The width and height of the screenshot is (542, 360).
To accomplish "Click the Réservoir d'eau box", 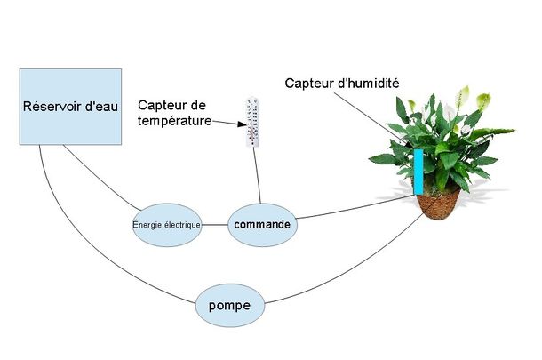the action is pyautogui.click(x=70, y=107).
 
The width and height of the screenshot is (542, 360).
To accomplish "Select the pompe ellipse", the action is pyautogui.click(x=230, y=306).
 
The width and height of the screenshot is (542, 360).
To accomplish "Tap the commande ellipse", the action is pyautogui.click(x=262, y=225).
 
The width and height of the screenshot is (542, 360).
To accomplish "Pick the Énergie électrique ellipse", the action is pyautogui.click(x=167, y=225).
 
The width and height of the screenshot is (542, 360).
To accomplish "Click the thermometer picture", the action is pyautogui.click(x=252, y=122).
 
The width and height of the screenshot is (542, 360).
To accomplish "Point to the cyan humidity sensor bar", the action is pyautogui.click(x=418, y=172).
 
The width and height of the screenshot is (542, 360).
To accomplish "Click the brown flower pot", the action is pyautogui.click(x=438, y=205).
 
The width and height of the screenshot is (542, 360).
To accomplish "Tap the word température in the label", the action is pyautogui.click(x=174, y=121).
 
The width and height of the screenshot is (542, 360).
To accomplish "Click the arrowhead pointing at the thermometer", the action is pyautogui.click(x=242, y=124).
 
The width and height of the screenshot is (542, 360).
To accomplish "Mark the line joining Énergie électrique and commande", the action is pyautogui.click(x=215, y=225).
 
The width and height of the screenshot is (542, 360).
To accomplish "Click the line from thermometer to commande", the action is pyautogui.click(x=257, y=176).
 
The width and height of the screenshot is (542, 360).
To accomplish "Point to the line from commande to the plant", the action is pyautogui.click(x=355, y=207).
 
